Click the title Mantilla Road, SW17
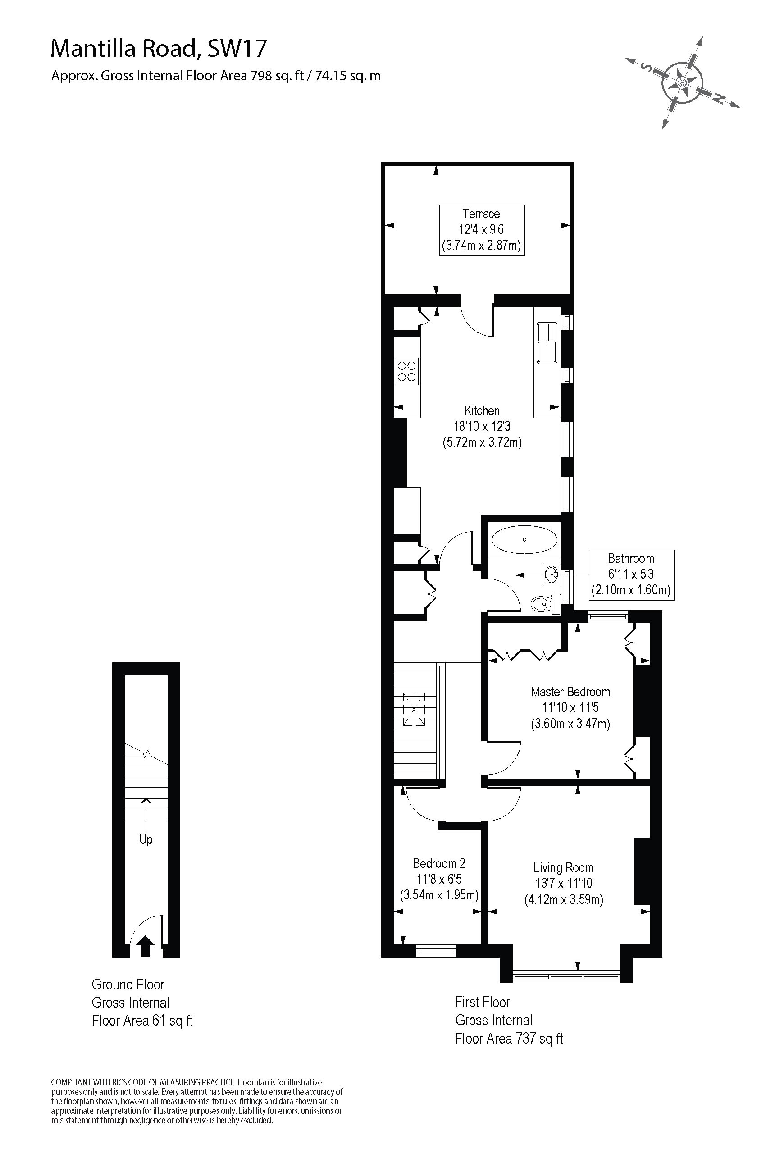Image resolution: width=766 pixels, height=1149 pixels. point(159,49)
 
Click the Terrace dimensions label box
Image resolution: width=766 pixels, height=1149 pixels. point(482,230)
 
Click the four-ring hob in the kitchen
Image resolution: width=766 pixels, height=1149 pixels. point(406,371)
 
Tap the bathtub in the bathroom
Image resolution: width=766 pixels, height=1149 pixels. point(524,540)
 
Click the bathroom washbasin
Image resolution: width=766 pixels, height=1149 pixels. point(551,574)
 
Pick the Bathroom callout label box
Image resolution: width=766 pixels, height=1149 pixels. point(631,574)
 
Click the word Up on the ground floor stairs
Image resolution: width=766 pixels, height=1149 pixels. point(146,839)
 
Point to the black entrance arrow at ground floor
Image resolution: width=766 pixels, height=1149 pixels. point(145,946)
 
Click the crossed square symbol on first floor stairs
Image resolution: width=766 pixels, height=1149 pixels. point(414,710)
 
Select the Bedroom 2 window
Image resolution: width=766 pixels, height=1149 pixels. point(436,950)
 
